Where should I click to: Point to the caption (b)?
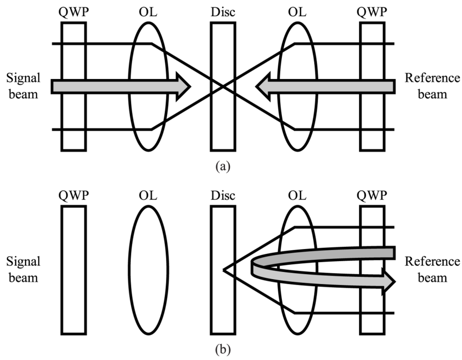point(222,349)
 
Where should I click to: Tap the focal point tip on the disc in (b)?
point(224,270)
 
